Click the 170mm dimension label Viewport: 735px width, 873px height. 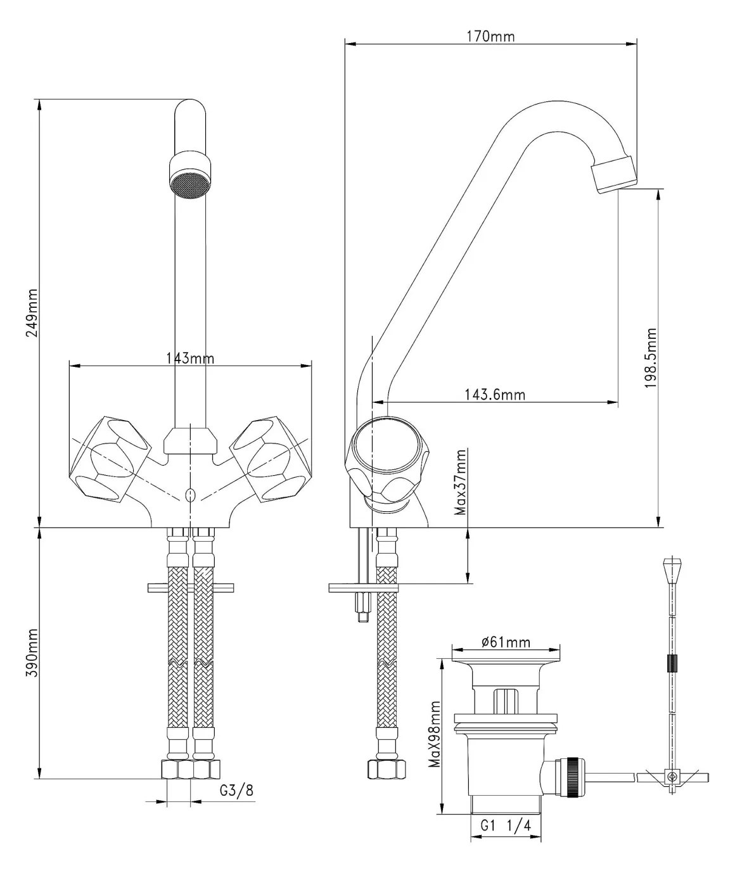(x=491, y=37)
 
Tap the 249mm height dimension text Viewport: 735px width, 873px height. (x=32, y=313)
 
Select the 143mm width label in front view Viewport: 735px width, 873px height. (x=190, y=359)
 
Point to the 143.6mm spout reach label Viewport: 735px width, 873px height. (x=495, y=394)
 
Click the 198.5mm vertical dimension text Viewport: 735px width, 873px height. (x=651, y=358)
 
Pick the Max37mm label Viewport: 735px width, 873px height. (x=460, y=482)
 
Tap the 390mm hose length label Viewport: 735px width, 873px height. (x=32, y=653)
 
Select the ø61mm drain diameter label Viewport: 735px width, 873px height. (x=506, y=642)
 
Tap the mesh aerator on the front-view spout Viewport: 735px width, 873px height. (x=190, y=185)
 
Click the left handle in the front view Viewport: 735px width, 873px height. (x=110, y=459)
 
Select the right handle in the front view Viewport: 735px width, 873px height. (x=271, y=459)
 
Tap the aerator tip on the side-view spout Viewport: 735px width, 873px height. (x=614, y=174)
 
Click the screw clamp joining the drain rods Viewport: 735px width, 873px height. (x=672, y=777)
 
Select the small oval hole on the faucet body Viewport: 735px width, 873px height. (x=190, y=496)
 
